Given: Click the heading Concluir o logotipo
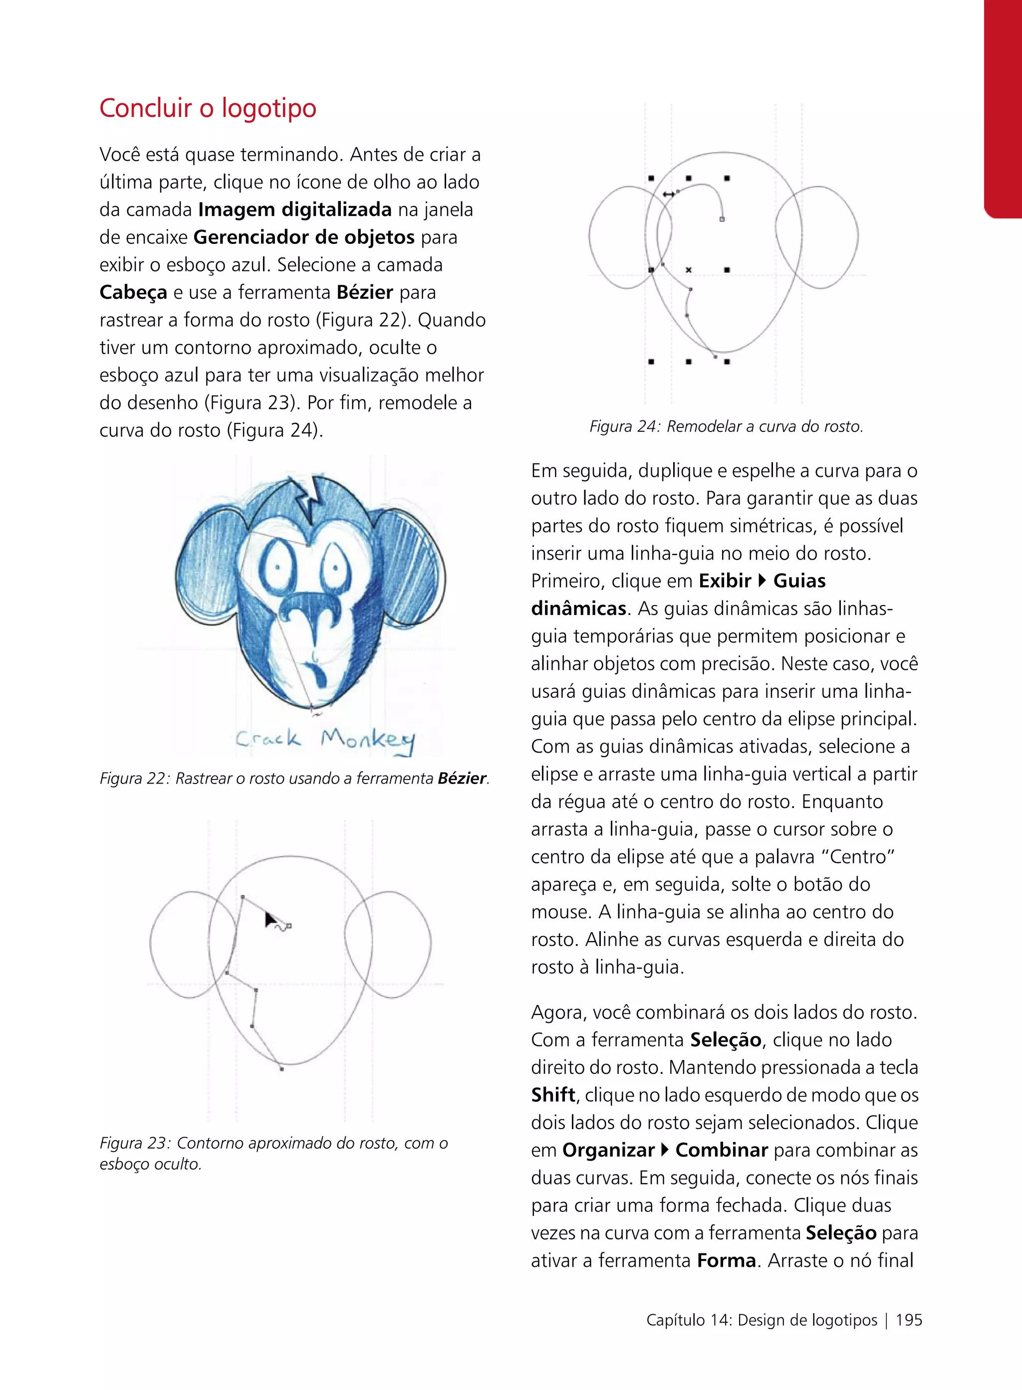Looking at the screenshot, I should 208,108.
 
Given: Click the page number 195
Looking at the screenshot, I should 909,1320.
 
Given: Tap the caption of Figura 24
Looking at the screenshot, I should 726,426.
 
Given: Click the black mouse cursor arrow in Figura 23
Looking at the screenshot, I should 271,920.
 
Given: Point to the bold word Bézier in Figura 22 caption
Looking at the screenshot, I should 462,779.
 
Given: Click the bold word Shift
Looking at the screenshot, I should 553,1095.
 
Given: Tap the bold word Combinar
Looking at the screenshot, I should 722,1150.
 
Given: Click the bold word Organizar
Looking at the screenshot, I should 608,1150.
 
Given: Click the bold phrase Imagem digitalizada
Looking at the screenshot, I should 295,209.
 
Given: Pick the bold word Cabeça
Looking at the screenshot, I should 133,292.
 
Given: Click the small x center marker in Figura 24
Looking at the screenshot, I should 689,270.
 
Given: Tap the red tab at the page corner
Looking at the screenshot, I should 1003,108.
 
